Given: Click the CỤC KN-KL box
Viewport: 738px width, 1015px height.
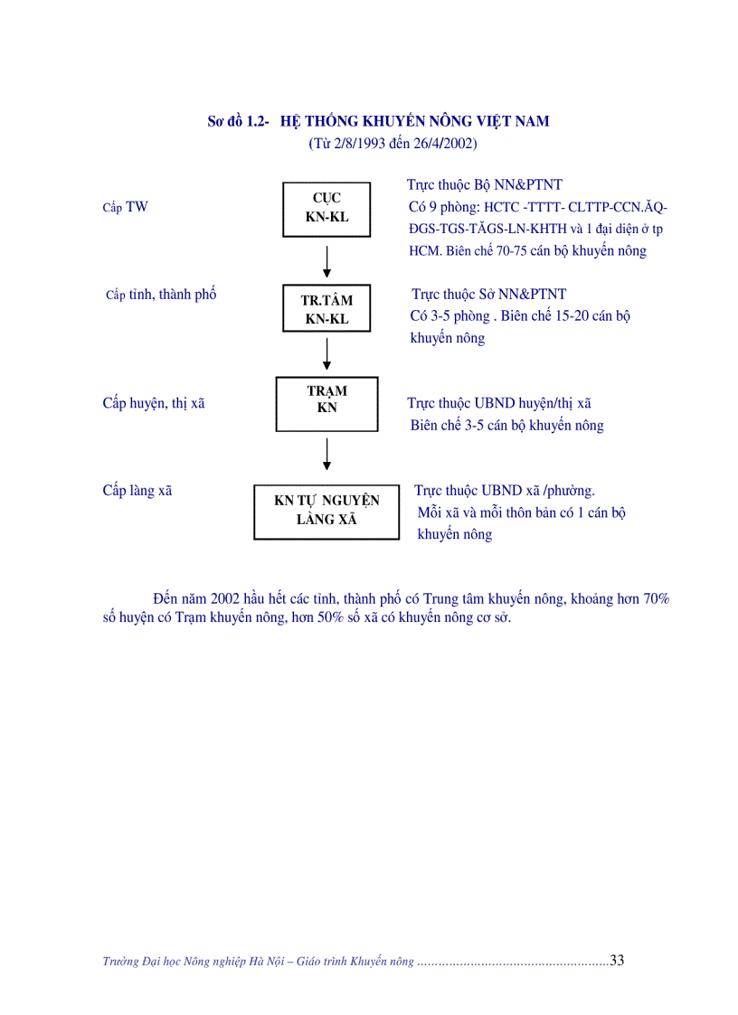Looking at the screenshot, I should (326, 208).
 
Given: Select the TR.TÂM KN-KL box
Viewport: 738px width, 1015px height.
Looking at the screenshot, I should (326, 309).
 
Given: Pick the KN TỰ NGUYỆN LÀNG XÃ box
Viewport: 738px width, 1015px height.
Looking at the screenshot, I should (326, 511).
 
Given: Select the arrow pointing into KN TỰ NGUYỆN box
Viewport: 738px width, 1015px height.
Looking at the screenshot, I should (326, 454).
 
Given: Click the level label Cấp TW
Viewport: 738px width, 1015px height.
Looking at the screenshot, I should (125, 207).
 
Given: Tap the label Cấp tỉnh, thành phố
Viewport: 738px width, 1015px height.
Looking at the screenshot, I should (161, 295).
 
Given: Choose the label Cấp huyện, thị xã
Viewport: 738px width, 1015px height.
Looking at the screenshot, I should (154, 403).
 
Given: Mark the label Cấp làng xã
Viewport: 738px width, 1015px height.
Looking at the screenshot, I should (137, 491).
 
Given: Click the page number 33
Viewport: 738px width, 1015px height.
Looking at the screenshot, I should (617, 960).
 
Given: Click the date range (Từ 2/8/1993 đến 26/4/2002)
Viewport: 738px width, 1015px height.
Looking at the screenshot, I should (393, 144).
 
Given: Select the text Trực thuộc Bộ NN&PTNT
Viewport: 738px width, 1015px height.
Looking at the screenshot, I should (485, 185).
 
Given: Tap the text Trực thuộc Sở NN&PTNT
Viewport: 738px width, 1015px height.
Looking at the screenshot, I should (489, 294).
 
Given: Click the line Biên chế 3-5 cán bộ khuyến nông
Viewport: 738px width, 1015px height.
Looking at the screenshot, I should (506, 425).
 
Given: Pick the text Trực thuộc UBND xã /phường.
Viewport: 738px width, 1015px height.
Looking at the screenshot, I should (505, 491).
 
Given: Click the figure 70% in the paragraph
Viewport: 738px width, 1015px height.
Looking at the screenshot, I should (656, 598).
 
